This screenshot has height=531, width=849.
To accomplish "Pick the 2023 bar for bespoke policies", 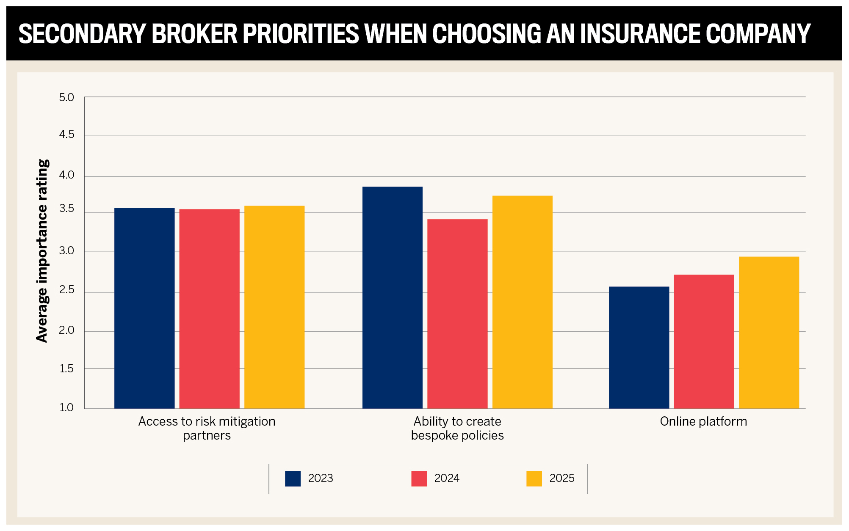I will pyautogui.click(x=392, y=297).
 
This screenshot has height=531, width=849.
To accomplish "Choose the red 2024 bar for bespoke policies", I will pyautogui.click(x=457, y=314).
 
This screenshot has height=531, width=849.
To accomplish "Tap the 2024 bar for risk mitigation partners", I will pyautogui.click(x=209, y=308).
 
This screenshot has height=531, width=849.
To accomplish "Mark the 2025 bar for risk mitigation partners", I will pyautogui.click(x=274, y=307).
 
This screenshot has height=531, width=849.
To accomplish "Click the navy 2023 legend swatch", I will pyautogui.click(x=293, y=479).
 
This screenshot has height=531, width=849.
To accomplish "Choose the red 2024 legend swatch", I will pyautogui.click(x=419, y=479).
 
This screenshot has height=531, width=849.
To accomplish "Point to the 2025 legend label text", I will pyautogui.click(x=561, y=478).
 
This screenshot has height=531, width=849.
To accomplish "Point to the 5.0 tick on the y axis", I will pyautogui.click(x=66, y=98).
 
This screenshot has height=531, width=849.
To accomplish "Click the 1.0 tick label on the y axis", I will pyautogui.click(x=66, y=407).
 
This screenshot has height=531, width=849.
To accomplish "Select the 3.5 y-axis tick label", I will pyautogui.click(x=66, y=209).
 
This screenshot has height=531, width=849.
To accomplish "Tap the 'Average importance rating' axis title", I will pyautogui.click(x=42, y=251).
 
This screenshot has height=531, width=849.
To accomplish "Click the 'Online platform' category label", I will pyautogui.click(x=703, y=421).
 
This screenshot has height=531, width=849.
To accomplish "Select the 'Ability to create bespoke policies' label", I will pyautogui.click(x=457, y=428).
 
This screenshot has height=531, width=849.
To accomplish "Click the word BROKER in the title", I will pyautogui.click(x=194, y=34).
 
